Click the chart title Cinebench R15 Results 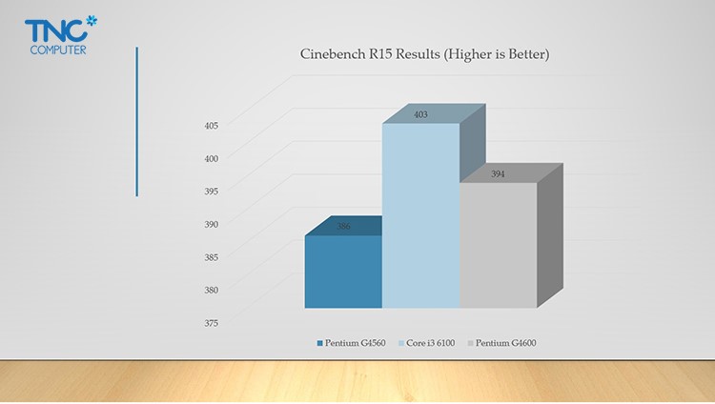point(424,54)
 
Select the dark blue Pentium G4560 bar point(343,272)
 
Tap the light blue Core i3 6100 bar point(420,215)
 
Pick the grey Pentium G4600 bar point(499,245)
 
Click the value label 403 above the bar point(420,114)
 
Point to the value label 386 point(343,226)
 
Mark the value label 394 point(498,174)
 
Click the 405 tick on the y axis point(211,126)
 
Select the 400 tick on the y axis point(211,159)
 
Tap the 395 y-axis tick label point(211,192)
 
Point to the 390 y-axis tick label point(211,224)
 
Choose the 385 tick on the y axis point(211,257)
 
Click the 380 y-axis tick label point(211,290)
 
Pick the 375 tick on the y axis point(211,323)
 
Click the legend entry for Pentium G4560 point(352,343)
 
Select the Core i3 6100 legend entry point(427,343)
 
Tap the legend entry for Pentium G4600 point(502,343)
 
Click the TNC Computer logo point(61,35)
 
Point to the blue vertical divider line point(136,122)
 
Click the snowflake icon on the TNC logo point(92,21)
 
